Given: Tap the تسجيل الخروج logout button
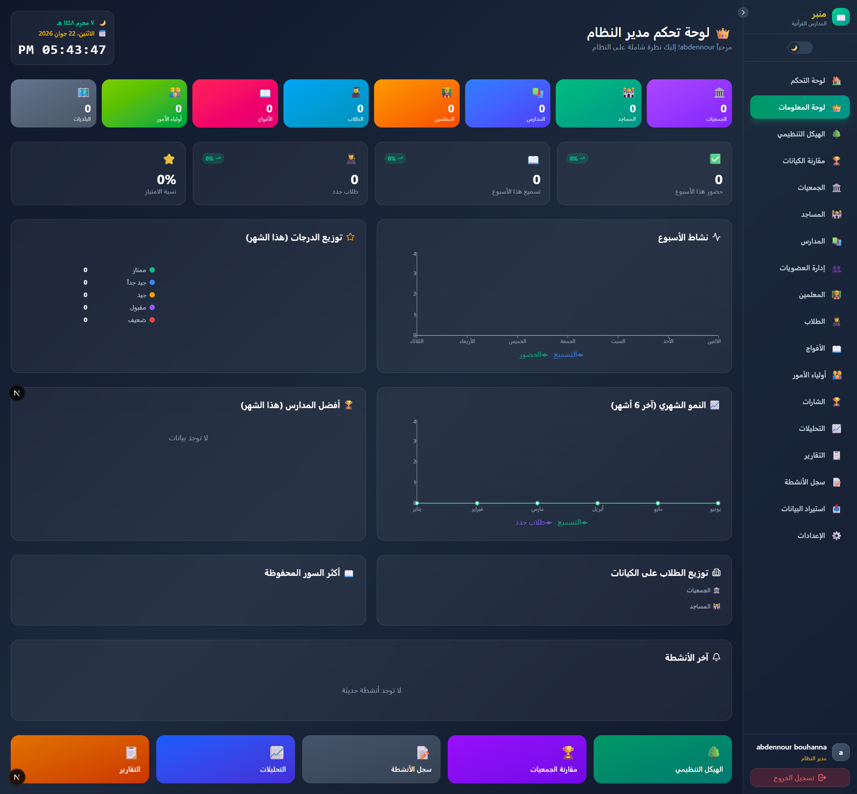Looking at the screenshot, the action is click(800, 777).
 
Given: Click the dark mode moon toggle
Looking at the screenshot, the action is click(800, 48).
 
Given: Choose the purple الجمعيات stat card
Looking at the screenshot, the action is click(689, 103).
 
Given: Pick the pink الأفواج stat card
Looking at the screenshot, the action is click(235, 103).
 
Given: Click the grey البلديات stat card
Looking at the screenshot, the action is click(54, 103).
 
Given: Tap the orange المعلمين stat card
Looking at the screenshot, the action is click(417, 103).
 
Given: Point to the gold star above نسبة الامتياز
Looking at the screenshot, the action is click(169, 159).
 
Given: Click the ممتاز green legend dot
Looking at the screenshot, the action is click(152, 270).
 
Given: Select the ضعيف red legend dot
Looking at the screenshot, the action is click(152, 320).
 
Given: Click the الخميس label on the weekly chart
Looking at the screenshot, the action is click(517, 341).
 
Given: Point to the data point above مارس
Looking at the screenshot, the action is click(537, 503).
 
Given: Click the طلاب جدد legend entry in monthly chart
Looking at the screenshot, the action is click(533, 523).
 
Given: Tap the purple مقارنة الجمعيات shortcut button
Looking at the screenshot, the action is click(517, 759).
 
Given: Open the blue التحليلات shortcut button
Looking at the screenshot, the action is click(225, 759).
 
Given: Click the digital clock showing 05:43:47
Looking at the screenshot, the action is click(62, 50).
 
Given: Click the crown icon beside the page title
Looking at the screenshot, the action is click(723, 33).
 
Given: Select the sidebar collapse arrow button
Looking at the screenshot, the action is click(743, 12).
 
